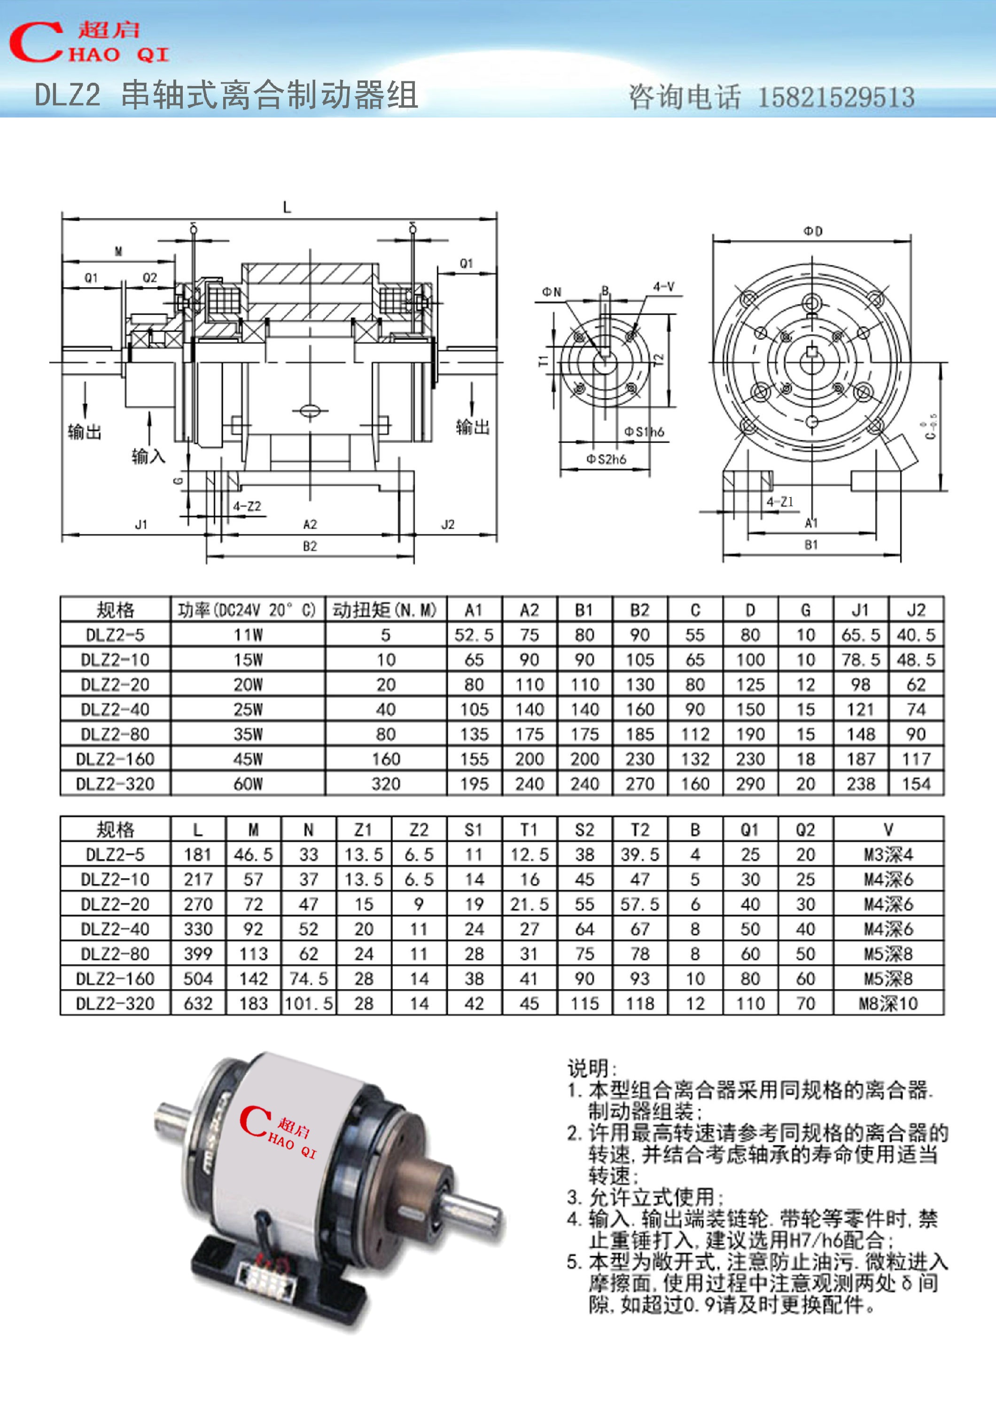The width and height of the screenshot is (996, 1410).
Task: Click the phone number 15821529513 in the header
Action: coord(836,97)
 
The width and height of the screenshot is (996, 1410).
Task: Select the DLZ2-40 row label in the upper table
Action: coord(115,709)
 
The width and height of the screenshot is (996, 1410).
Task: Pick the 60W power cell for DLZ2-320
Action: coord(248,783)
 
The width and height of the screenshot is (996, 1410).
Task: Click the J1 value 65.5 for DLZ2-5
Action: coord(860,635)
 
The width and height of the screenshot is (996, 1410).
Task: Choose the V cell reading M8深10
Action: coord(888,1003)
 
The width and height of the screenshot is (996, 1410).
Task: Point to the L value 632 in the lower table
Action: coord(198,1003)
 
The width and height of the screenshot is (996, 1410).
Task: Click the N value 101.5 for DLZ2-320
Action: coord(308,1003)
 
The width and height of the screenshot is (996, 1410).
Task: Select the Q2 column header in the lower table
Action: coord(805,830)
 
